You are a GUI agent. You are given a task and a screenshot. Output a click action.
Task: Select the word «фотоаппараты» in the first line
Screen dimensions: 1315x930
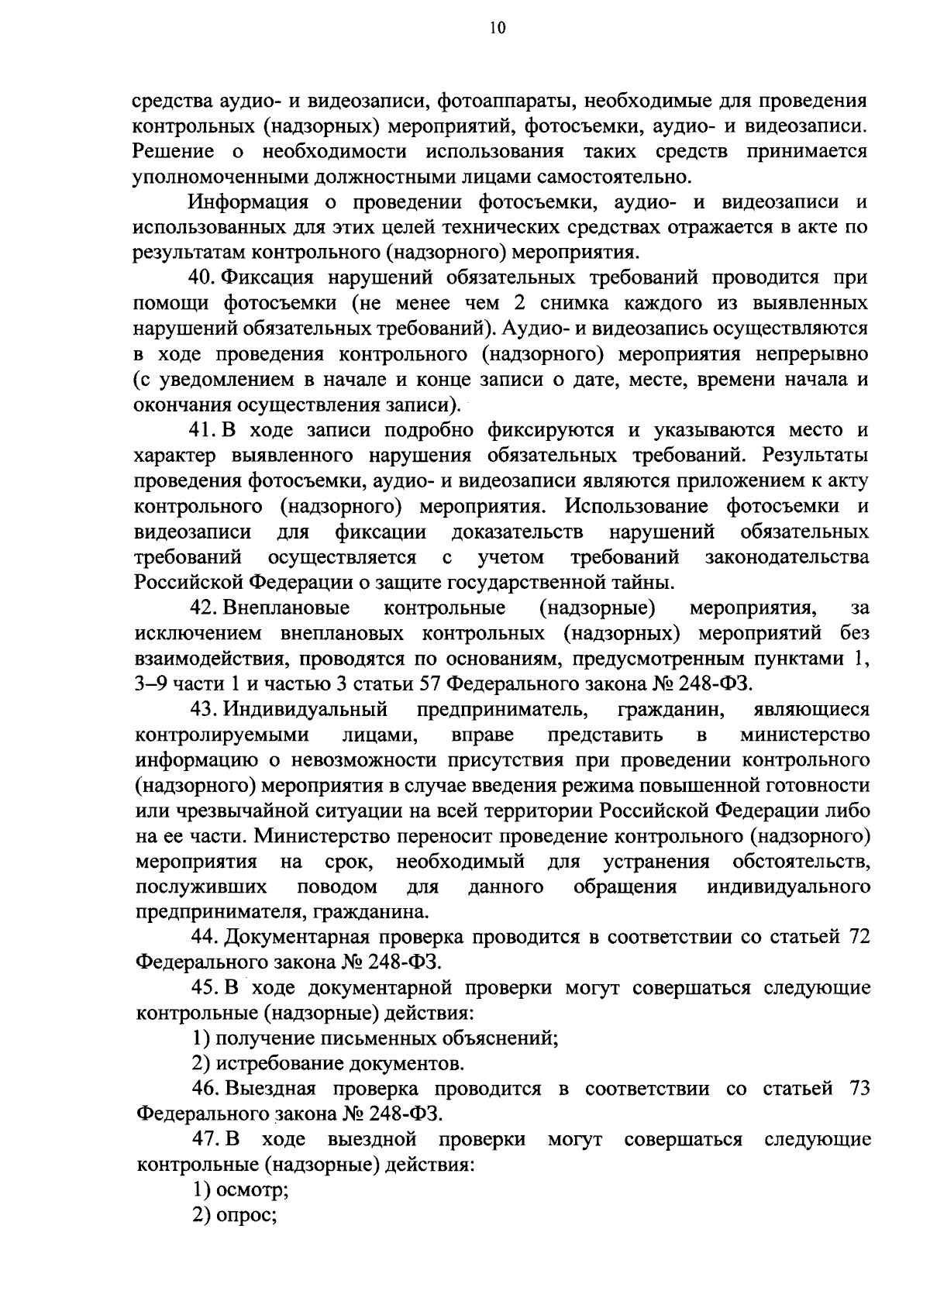pyautogui.click(x=506, y=102)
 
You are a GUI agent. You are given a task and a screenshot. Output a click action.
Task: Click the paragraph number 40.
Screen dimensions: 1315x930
pyautogui.click(x=203, y=278)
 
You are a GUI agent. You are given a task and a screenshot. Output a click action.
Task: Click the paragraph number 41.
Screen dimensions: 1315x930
pyautogui.click(x=203, y=430)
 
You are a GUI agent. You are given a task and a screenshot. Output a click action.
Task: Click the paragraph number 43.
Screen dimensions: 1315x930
pyautogui.click(x=203, y=709)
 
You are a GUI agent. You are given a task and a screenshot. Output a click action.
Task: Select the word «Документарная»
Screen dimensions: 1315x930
pyautogui.click(x=303, y=937)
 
